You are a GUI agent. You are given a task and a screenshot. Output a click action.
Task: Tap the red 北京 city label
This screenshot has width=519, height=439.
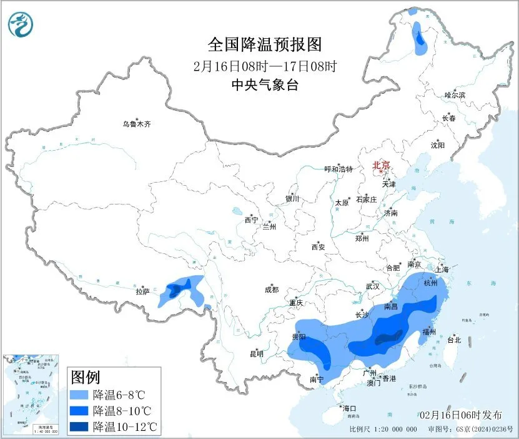click(x=381, y=165)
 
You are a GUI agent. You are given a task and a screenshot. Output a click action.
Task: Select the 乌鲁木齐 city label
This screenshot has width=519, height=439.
click(x=136, y=124)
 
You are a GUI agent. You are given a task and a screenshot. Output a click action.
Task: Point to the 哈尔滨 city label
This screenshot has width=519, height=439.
click(x=455, y=95)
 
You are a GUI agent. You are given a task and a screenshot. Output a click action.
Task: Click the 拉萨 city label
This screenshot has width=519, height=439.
click(x=143, y=291)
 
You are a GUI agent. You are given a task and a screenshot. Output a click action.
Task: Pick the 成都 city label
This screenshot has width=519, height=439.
click(x=271, y=290)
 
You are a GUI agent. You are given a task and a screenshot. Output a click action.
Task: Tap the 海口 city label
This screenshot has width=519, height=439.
click(x=349, y=408)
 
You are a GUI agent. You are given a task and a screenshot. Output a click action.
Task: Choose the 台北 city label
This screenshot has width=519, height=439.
click(x=453, y=340)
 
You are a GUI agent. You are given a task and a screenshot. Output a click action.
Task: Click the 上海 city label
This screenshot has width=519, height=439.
click(x=443, y=270)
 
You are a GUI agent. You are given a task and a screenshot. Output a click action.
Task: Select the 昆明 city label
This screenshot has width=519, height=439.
click(x=257, y=354)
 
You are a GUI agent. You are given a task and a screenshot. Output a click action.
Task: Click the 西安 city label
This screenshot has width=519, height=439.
click(x=318, y=247)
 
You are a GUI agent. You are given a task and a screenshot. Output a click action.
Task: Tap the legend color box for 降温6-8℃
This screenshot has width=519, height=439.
click(x=79, y=395)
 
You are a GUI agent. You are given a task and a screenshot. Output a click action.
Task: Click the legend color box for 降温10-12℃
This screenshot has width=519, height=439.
click(x=79, y=426)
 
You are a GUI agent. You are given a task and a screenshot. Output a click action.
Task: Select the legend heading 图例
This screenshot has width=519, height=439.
click(x=86, y=377)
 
